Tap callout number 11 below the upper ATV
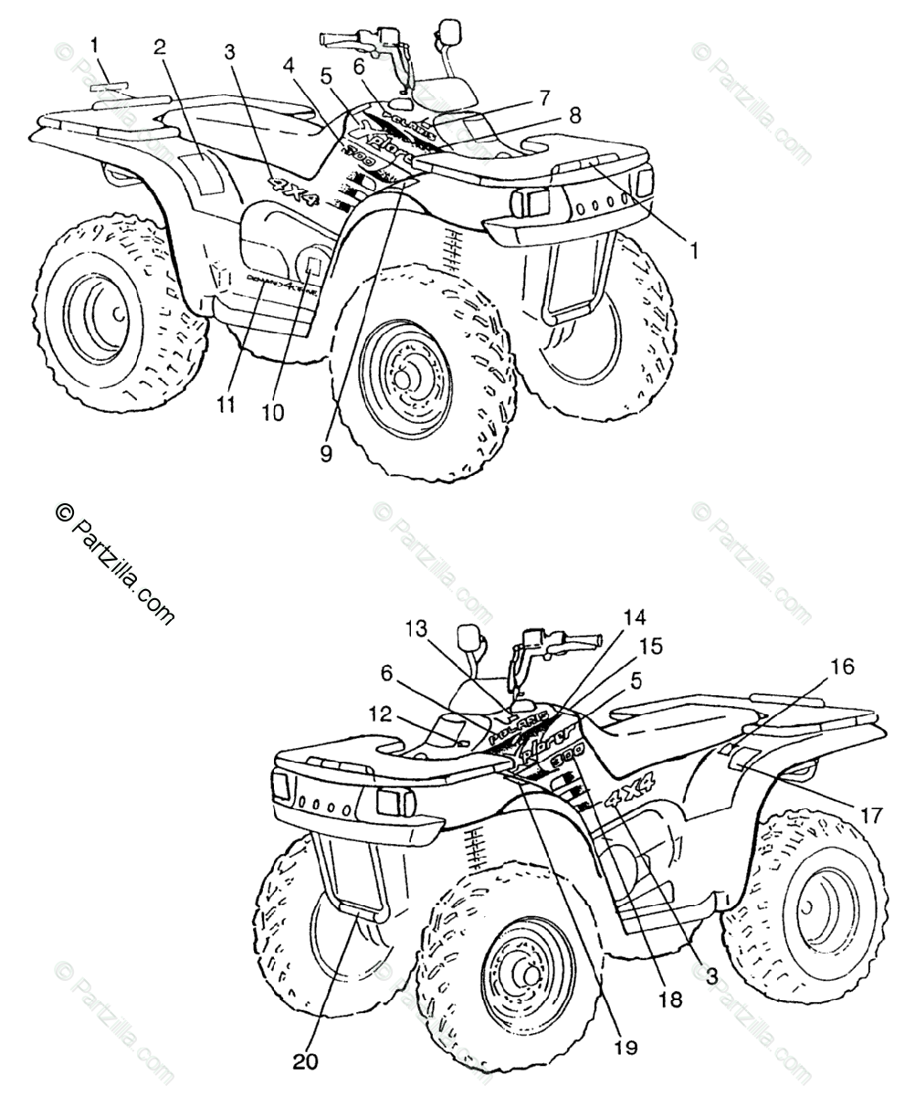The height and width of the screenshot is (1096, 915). click(223, 402)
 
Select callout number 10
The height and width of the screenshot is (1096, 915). click(273, 412)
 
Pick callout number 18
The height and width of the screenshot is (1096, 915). click(670, 999)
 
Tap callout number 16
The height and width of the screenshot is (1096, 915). click(843, 667)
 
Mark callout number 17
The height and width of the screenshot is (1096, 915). click(871, 813)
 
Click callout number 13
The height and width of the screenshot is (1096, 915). click(416, 628)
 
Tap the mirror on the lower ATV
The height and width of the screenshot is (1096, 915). click(471, 636)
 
